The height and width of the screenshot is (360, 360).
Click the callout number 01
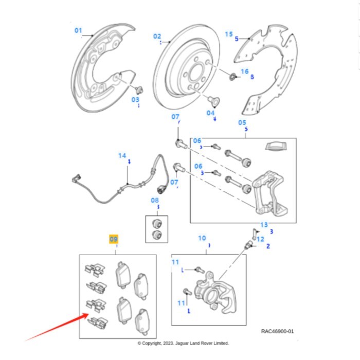pos(78,30)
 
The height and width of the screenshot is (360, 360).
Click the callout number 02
pos(157,37)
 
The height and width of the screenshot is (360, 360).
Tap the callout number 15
pos(229,34)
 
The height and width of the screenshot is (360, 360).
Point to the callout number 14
pos(122,155)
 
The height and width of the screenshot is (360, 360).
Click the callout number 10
pos(202,238)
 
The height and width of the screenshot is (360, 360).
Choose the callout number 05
pos(242,122)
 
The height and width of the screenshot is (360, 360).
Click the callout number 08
pos(155,200)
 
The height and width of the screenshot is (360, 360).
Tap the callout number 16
pos(244,71)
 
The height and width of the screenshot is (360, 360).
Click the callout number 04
pos(211,113)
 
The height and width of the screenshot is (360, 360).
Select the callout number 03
pos(135,99)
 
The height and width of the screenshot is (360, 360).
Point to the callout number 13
pos(264,225)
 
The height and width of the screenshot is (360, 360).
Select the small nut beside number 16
pos(232,77)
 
